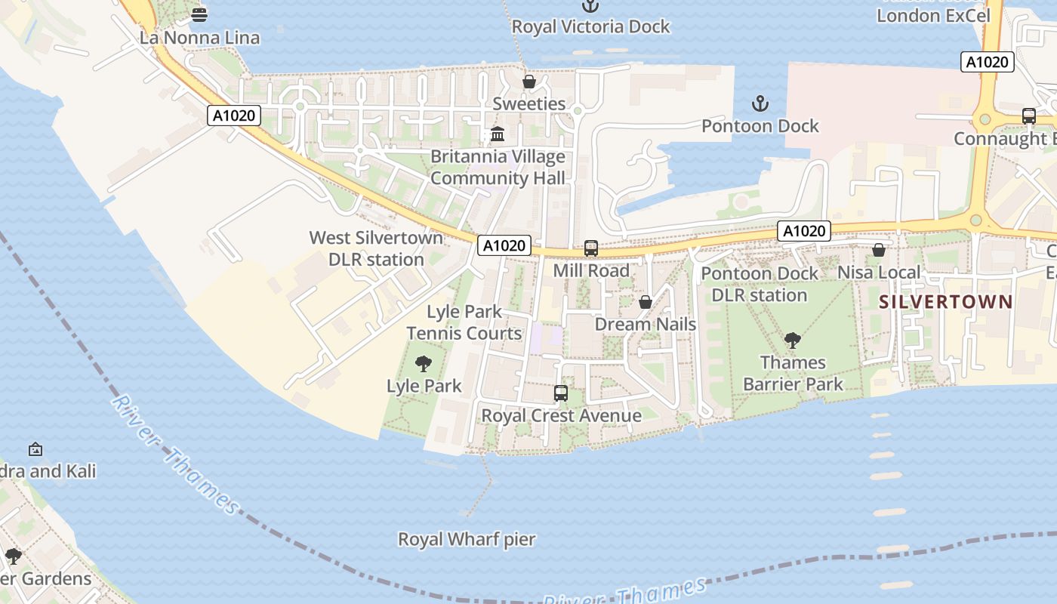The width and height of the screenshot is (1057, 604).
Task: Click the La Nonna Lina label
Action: tap(199, 38)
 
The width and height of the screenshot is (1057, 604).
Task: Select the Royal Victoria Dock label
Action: tap(590, 26)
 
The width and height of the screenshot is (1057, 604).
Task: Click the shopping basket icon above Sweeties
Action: tap(529, 82)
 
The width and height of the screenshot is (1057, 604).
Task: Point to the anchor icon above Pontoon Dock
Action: tap(760, 103)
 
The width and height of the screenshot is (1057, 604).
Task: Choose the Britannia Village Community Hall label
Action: tap(498, 168)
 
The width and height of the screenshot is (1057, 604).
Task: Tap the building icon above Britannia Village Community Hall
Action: tap(498, 134)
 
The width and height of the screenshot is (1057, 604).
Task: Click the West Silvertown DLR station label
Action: tap(376, 248)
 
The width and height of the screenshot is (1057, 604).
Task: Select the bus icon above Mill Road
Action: tap(591, 248)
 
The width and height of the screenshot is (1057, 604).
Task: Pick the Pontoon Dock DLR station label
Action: tap(760, 284)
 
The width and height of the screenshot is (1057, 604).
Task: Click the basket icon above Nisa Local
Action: tap(879, 250)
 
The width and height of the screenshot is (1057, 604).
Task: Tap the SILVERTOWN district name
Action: tap(946, 302)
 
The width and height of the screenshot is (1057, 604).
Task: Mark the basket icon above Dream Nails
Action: tap(646, 302)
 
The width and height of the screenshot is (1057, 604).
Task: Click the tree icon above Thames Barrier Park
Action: tap(792, 341)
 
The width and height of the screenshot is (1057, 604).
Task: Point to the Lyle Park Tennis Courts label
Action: tap(464, 322)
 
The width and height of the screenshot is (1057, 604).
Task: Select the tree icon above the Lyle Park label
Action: tap(424, 364)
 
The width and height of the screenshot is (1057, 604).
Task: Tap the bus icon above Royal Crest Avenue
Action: tap(561, 393)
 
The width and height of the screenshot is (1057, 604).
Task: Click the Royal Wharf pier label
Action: tap(467, 540)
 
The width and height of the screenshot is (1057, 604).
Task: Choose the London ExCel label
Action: tap(932, 15)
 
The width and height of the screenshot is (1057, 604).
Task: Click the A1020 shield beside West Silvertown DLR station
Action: tap(504, 245)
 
